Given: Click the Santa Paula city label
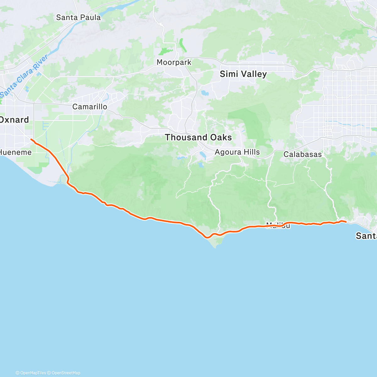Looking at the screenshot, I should point(78,18).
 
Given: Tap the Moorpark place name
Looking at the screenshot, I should point(174,62).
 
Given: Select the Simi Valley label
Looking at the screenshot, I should point(243,74).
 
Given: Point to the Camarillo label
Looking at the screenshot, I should point(90,107).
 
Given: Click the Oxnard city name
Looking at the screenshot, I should point(14,120).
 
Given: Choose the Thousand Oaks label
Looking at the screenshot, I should point(198,137).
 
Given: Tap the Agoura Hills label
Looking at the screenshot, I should point(237,152).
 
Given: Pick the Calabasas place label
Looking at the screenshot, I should point(303,154).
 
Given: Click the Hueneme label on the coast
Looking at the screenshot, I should point(16,153).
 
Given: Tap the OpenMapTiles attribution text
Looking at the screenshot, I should point(31,373).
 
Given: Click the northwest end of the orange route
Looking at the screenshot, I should point(31,139).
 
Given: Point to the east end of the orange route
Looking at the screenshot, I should point(346,222).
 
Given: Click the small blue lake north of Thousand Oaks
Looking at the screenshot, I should point(205,93).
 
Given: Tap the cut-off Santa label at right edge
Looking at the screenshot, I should point(366,236).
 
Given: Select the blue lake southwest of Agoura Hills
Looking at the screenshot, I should point(203,155).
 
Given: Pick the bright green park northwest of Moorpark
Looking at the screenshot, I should point(166,51).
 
